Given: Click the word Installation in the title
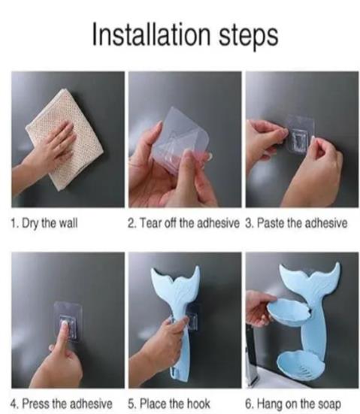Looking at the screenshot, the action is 151,34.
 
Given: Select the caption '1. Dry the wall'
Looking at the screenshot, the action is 44,224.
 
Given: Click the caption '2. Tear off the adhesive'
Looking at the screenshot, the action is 183,223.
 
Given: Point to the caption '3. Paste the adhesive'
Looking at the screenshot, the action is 296,223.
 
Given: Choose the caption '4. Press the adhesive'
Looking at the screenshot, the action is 62,403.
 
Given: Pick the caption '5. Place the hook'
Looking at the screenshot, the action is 169,403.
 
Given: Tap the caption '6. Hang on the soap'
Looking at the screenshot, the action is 293,404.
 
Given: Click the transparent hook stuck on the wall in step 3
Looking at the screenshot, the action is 301,134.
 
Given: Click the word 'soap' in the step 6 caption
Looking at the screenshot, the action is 330,404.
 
